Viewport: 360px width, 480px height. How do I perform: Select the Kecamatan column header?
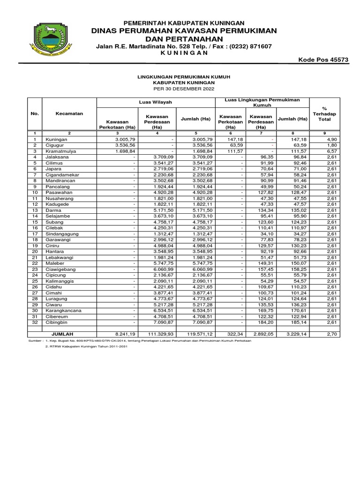[x=69, y=113]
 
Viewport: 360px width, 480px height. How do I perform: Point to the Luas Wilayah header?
[x=156, y=102]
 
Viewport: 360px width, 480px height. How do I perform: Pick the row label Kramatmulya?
[x=61, y=152]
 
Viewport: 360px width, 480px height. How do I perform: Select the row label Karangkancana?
[x=64, y=310]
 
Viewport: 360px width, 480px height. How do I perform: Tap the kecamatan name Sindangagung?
[x=62, y=234]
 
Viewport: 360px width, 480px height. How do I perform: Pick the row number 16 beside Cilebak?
[x=35, y=228]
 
